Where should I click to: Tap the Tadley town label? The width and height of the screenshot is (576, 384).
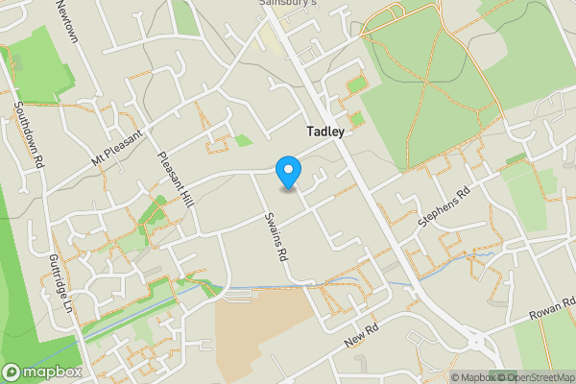[325, 132]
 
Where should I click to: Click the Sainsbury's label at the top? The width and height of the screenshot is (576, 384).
[287, 4]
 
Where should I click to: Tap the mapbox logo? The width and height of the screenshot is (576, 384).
[38, 372]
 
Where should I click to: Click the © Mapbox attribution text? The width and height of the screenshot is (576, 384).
[468, 377]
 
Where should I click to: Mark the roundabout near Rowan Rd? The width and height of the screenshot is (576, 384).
[473, 341]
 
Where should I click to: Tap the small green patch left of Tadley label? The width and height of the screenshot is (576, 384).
[244, 140]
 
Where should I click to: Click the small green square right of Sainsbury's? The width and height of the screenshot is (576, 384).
[355, 85]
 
